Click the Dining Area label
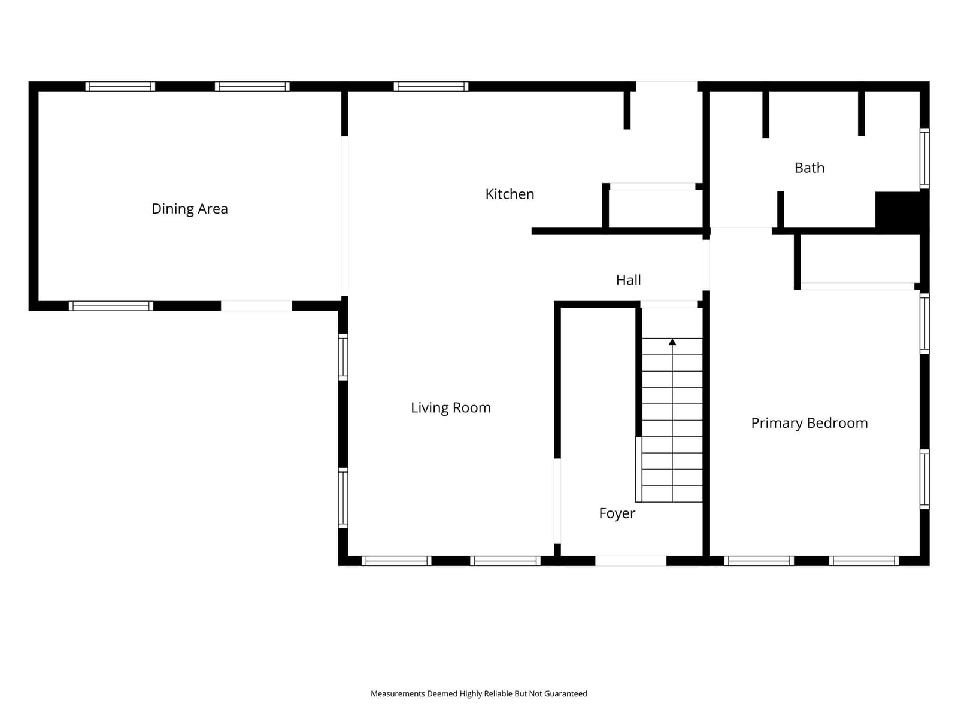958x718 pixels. click(x=189, y=209)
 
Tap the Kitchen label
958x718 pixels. click(x=510, y=194)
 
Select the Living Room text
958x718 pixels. click(x=450, y=407)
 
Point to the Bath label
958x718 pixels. click(x=809, y=168)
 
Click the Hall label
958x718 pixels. click(x=628, y=280)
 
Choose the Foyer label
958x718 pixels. click(x=617, y=513)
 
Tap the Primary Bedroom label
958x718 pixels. click(x=809, y=423)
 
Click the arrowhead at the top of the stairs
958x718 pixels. click(x=672, y=342)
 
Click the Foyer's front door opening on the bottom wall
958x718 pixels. click(x=630, y=561)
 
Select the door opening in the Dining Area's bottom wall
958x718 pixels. click(x=256, y=306)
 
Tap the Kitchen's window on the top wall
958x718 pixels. click(x=431, y=86)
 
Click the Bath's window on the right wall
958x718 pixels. click(x=924, y=159)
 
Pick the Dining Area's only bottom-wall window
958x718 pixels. click(x=111, y=306)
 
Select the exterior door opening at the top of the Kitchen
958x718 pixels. click(x=666, y=86)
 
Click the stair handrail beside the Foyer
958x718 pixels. click(x=638, y=469)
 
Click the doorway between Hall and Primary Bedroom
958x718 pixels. click(x=706, y=265)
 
